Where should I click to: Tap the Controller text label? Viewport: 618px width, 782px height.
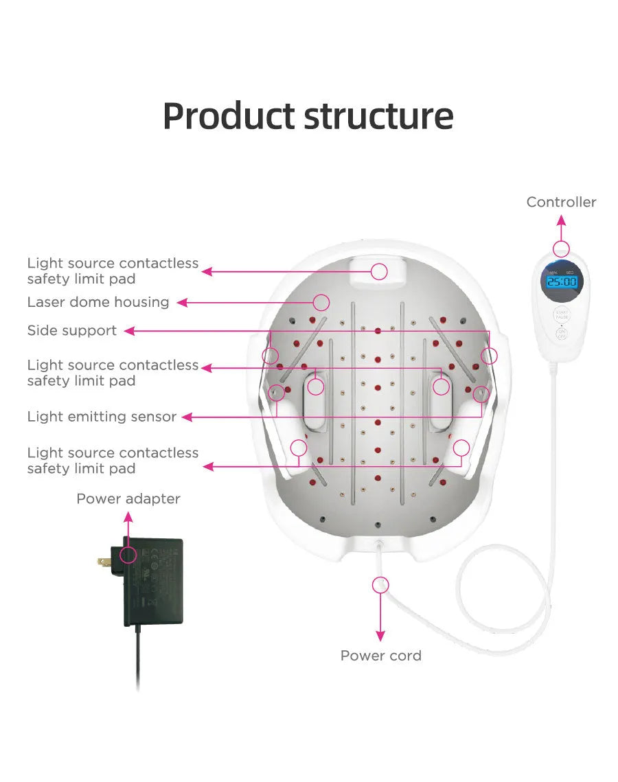(x=561, y=202)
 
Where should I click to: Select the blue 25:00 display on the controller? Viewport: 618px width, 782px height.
(x=562, y=281)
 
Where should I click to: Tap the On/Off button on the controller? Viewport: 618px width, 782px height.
(x=562, y=336)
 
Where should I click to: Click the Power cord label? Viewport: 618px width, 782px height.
(x=380, y=656)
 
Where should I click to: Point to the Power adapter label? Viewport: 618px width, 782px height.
(x=128, y=499)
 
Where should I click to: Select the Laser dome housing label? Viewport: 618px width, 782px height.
(x=98, y=302)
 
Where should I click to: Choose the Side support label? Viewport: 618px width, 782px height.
(x=72, y=330)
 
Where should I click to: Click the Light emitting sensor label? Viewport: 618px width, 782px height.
(x=102, y=417)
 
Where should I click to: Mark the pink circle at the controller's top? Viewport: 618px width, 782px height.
(x=562, y=249)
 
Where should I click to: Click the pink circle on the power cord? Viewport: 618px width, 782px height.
(x=380, y=585)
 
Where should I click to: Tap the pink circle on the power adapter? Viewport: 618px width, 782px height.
(x=128, y=555)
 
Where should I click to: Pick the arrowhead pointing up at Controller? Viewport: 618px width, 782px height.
(x=562, y=220)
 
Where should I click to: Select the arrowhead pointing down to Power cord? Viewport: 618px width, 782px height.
(x=380, y=636)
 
